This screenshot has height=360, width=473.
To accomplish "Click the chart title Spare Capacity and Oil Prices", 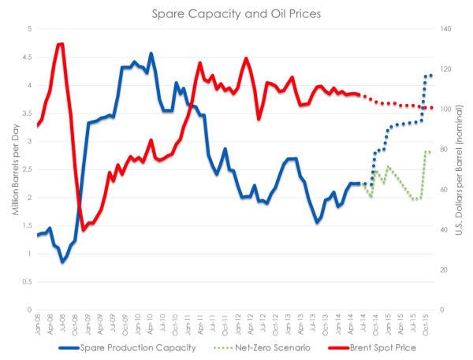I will [x=236, y=13].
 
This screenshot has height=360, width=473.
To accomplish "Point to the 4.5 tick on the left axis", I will [x=26, y=57].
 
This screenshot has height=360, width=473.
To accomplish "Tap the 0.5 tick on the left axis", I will [x=26, y=282].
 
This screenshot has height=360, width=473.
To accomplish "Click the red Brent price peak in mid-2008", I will [x=61, y=44].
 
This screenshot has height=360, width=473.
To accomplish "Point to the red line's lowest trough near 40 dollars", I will [x=84, y=230].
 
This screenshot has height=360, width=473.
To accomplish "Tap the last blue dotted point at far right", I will [x=431, y=76].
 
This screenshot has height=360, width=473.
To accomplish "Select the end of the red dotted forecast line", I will [x=431, y=108].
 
